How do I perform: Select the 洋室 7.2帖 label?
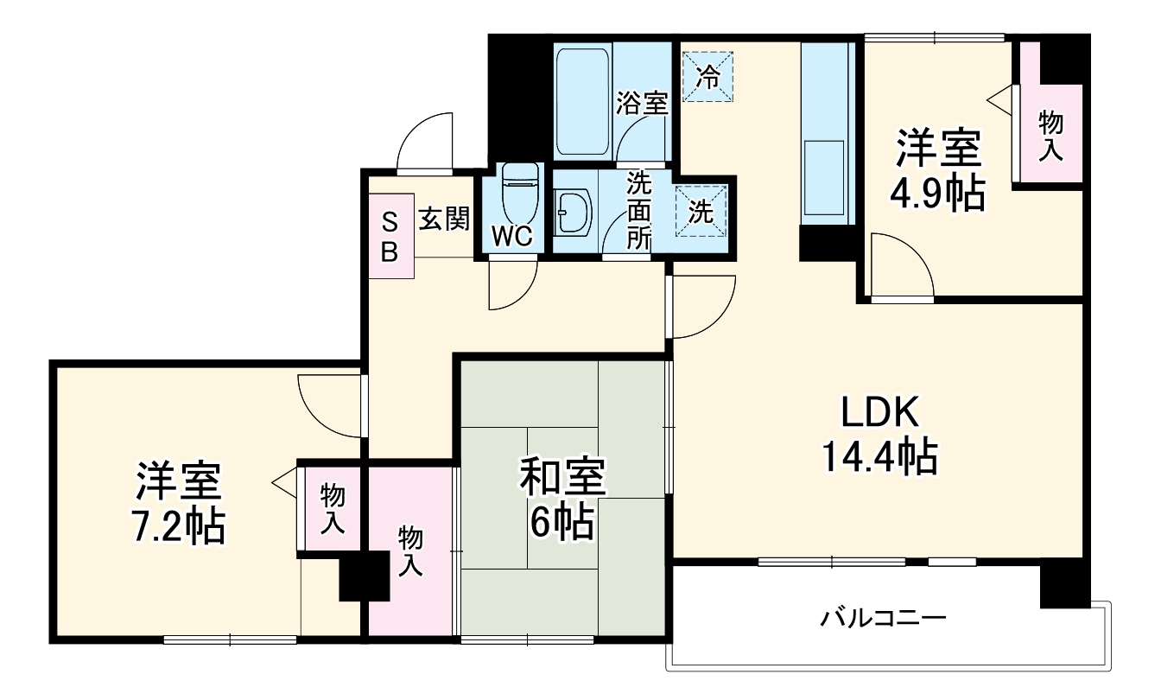pyautogui.click(x=179, y=503)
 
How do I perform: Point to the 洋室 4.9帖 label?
pyautogui.click(x=938, y=170)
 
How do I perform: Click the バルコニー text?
pyautogui.click(x=884, y=619)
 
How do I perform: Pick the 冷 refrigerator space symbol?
pyautogui.click(x=707, y=77)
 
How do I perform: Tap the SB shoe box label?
pyautogui.click(x=390, y=237)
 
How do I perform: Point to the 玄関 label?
pyautogui.click(x=444, y=220)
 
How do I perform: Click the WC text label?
pyautogui.click(x=511, y=237)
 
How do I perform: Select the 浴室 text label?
pyautogui.click(x=641, y=104)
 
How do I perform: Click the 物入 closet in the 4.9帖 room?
pyautogui.click(x=1050, y=135)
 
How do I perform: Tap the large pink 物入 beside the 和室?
pyautogui.click(x=411, y=550)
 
